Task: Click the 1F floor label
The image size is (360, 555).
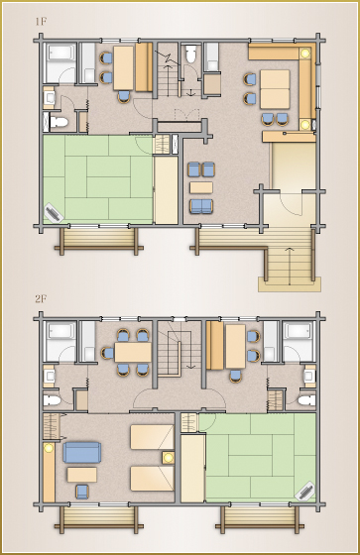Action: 41,22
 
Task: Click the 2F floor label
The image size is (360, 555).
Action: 41,299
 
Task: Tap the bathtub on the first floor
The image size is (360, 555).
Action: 60,63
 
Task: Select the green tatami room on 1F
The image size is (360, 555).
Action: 98,179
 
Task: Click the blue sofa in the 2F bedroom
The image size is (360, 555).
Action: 82,452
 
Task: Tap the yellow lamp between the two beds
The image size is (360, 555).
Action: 168,458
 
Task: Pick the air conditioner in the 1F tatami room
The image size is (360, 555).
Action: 54,213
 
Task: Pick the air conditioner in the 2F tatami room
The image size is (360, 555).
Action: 304,491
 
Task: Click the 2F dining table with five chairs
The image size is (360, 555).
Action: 133,353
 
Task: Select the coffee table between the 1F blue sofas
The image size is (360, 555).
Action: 201,187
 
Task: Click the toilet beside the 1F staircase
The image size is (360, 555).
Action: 191,54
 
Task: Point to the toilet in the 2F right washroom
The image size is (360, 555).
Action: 306,400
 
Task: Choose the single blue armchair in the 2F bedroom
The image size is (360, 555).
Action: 82,492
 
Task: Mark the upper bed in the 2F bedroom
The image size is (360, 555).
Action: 153,437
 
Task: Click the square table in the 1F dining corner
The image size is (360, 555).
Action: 275,89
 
